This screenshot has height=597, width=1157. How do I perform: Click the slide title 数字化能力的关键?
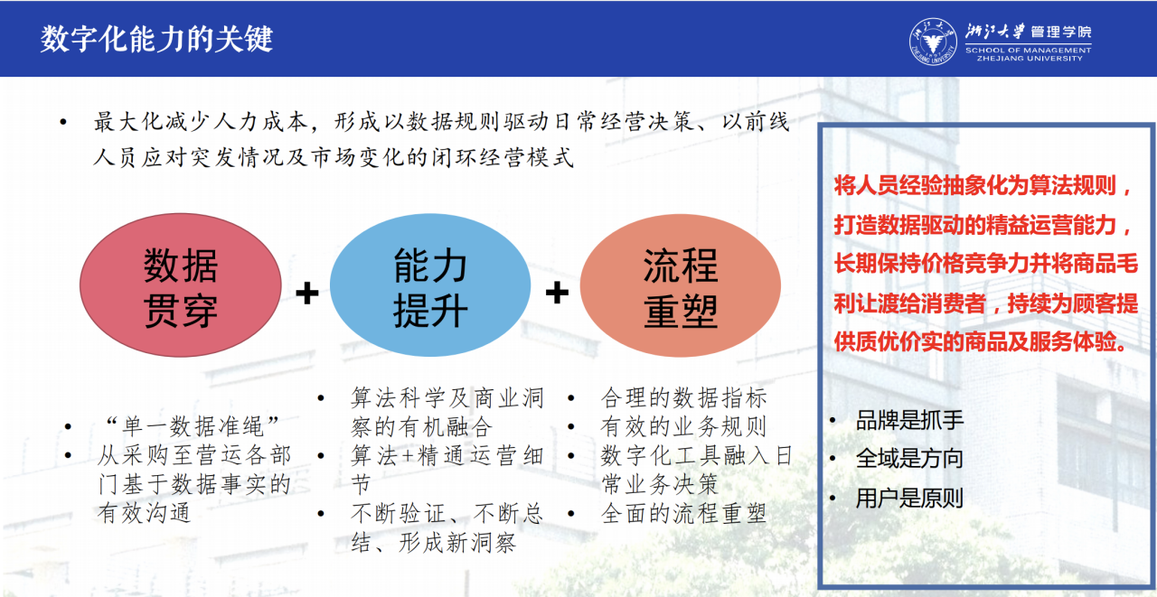[156, 39]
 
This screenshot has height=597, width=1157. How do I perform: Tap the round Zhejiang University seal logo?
[933, 42]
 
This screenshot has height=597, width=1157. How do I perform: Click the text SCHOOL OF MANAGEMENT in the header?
[1028, 50]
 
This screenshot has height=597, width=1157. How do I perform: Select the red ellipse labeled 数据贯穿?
[180, 285]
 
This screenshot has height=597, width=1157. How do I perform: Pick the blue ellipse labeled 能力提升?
[430, 285]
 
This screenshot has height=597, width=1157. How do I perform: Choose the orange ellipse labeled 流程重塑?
[681, 285]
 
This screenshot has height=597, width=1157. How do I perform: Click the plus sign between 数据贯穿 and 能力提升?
[306, 294]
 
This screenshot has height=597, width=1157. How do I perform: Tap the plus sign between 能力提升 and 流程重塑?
[557, 293]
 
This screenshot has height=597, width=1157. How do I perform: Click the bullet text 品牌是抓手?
[909, 420]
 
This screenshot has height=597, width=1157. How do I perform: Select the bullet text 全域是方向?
[909, 458]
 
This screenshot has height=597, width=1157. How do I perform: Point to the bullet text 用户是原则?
[909, 498]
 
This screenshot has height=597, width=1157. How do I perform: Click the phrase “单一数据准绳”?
[193, 426]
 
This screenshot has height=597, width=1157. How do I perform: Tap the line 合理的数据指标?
[684, 397]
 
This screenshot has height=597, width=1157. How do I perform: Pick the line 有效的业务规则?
[683, 426]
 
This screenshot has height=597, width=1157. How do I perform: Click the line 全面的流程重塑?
[683, 513]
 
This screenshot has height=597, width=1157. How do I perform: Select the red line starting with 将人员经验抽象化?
[983, 185]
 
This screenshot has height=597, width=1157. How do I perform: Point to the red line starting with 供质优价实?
[980, 341]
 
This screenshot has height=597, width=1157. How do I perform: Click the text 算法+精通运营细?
[447, 455]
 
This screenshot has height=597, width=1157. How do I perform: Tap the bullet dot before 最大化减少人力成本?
[63, 122]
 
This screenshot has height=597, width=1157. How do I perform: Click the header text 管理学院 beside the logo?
[1061, 32]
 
